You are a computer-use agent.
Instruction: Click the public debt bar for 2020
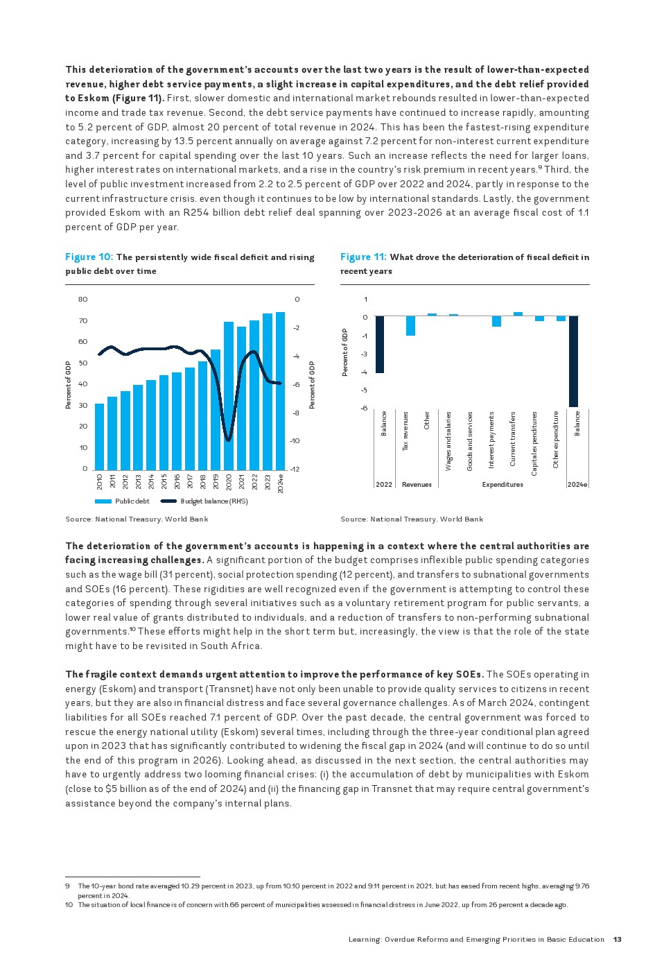pyautogui.click(x=229, y=395)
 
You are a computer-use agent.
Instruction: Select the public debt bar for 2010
pyautogui.click(x=99, y=436)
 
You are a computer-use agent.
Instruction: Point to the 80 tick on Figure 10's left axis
pyautogui.click(x=83, y=300)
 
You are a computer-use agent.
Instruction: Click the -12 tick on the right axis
pyautogui.click(x=295, y=470)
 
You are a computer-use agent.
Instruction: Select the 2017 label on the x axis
pyautogui.click(x=190, y=481)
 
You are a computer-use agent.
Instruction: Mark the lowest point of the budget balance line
pyautogui.click(x=229, y=440)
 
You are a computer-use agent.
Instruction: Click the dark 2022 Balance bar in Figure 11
pyautogui.click(x=380, y=344)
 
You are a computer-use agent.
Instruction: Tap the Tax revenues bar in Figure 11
pyautogui.click(x=410, y=325)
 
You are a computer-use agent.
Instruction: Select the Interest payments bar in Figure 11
pyautogui.click(x=496, y=321)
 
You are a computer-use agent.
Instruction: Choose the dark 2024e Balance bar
pyautogui.click(x=573, y=361)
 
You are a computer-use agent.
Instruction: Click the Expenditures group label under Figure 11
pyautogui.click(x=503, y=485)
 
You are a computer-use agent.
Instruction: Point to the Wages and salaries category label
pyautogui.click(x=448, y=441)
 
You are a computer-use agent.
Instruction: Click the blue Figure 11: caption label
pyautogui.click(x=363, y=257)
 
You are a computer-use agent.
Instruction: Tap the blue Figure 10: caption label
pyautogui.click(x=89, y=257)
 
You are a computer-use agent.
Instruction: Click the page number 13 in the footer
pyautogui.click(x=617, y=940)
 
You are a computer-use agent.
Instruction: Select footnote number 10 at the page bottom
pyautogui.click(x=69, y=905)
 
